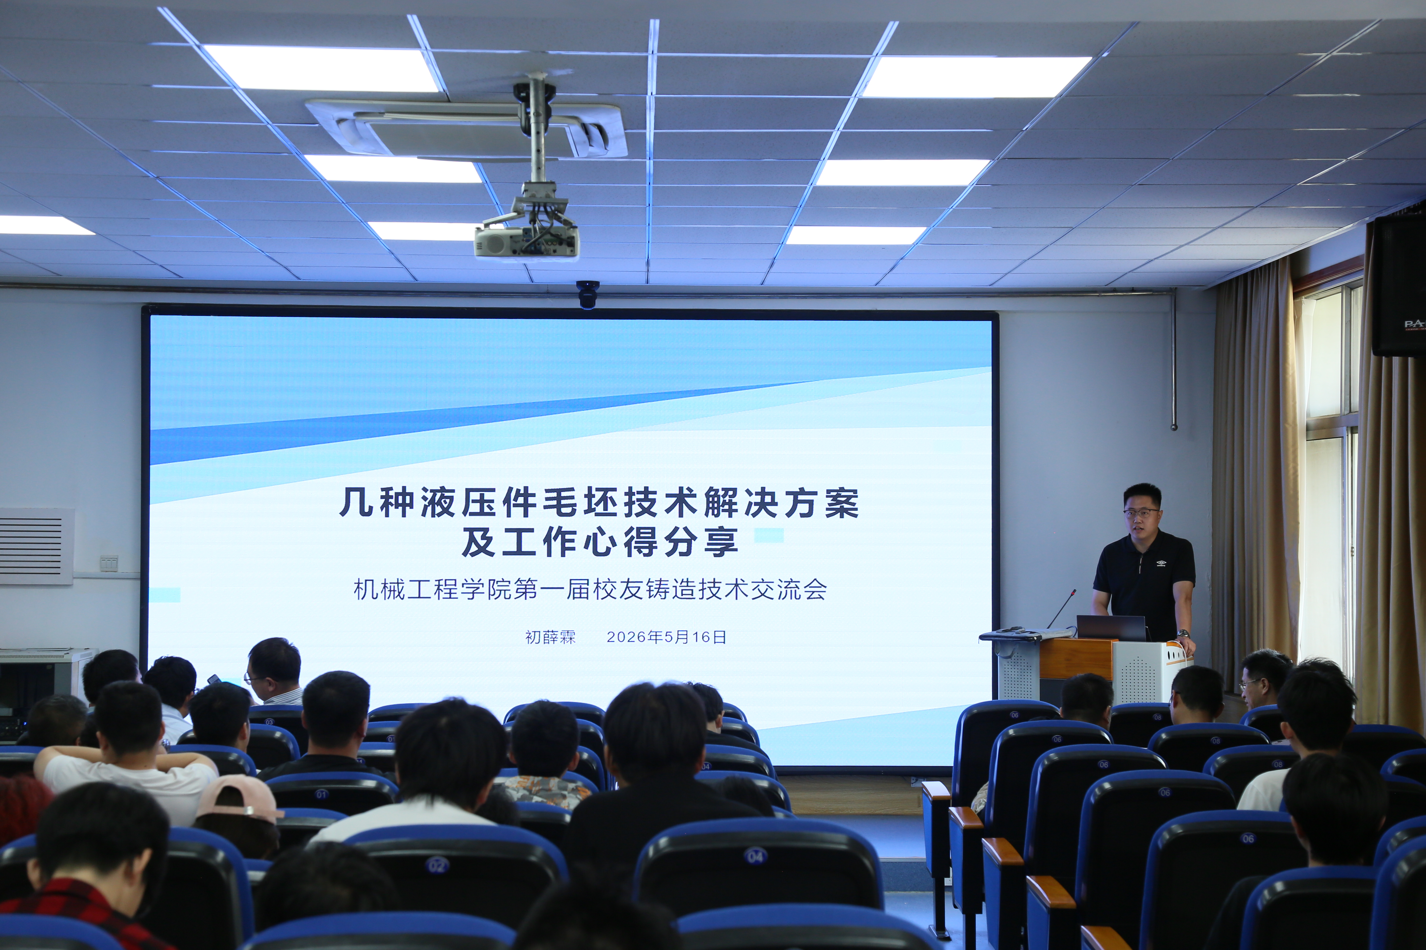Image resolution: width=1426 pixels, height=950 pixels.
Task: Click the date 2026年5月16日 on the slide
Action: click(666, 637)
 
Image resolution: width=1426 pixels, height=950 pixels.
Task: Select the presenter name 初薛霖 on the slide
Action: click(550, 637)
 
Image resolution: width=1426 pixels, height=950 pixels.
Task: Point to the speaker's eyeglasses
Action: click(1140, 512)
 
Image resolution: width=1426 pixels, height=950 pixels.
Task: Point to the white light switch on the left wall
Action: click(109, 563)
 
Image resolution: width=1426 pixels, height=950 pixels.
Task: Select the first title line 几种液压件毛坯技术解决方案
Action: click(599, 502)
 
